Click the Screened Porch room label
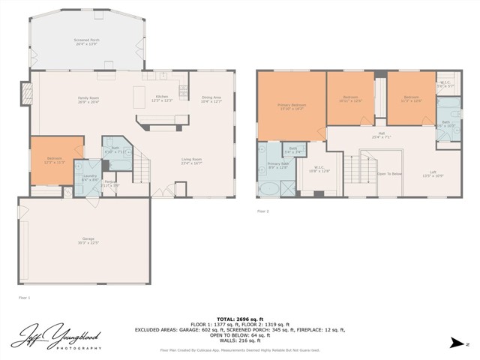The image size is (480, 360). [x=87, y=41]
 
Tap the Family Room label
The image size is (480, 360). [x=89, y=99]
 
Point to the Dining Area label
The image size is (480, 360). [x=211, y=98]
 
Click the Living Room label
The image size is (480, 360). [x=193, y=160]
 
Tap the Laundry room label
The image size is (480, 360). [x=88, y=178]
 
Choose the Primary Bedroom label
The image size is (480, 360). [x=291, y=106]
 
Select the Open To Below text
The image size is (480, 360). [x=389, y=173]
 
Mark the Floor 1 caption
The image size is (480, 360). [x=24, y=298]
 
